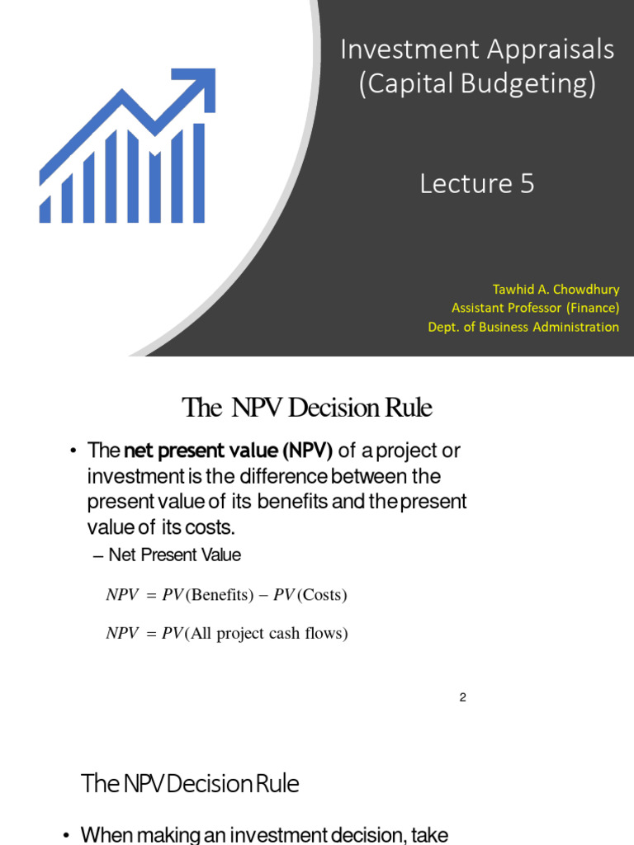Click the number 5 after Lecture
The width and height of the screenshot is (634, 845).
pyautogui.click(x=526, y=183)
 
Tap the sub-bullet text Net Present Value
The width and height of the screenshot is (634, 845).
pyautogui.click(x=174, y=555)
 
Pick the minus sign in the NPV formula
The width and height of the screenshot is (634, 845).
pyautogui.click(x=265, y=595)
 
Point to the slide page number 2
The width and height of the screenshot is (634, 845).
pyautogui.click(x=463, y=698)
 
